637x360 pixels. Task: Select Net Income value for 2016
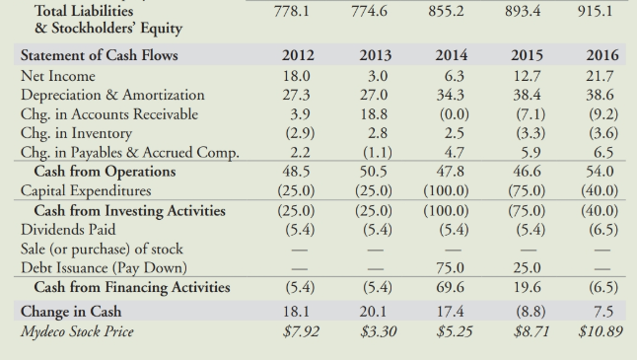pyautogui.click(x=601, y=76)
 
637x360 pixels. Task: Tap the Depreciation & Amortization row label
pyautogui.click(x=111, y=95)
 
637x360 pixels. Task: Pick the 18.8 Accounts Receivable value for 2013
pyautogui.click(x=370, y=114)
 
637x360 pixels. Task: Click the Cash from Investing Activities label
pyautogui.click(x=129, y=210)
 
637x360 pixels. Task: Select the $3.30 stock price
pyautogui.click(x=373, y=330)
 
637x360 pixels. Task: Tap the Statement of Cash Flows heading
pyautogui.click(x=99, y=55)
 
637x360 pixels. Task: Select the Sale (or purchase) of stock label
pyautogui.click(x=102, y=249)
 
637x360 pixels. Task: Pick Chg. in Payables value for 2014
pyautogui.click(x=449, y=152)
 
